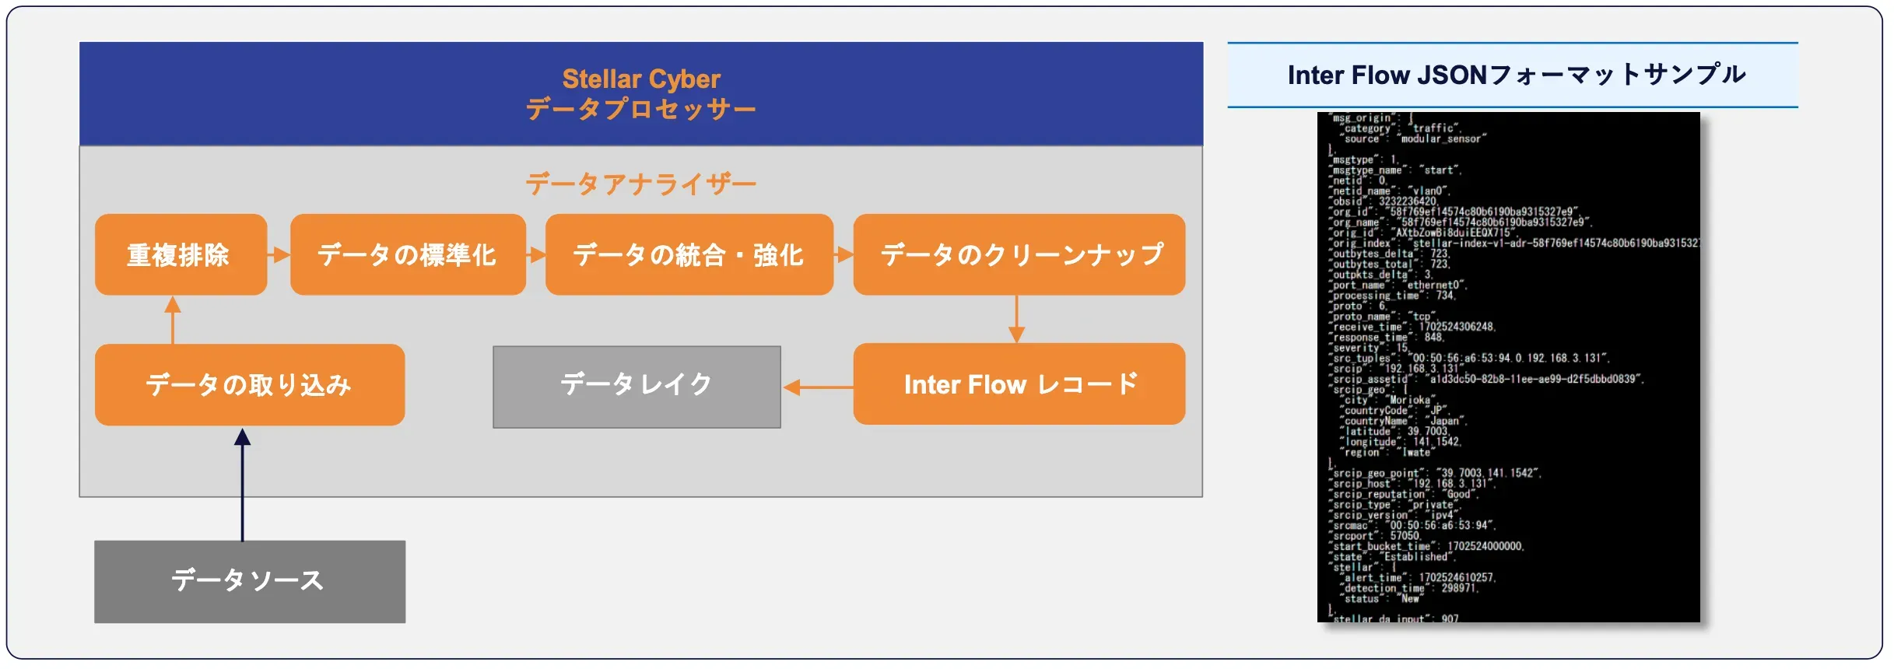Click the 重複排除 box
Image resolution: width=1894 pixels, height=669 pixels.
click(181, 254)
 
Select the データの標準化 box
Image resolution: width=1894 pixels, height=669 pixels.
click(408, 254)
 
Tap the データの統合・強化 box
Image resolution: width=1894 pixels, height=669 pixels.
click(689, 254)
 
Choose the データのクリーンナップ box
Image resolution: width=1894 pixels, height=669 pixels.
click(1019, 254)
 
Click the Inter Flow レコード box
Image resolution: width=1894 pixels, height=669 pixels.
click(1019, 384)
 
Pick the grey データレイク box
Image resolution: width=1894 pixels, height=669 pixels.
click(637, 387)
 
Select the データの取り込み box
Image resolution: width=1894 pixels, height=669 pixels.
click(249, 385)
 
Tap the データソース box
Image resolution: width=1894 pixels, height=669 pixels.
click(249, 581)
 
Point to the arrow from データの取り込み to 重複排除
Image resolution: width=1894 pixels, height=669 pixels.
click(173, 320)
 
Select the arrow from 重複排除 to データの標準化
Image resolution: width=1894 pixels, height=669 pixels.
click(279, 254)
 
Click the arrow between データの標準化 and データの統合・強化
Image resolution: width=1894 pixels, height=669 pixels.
click(535, 254)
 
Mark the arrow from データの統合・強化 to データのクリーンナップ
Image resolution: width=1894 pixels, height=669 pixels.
click(844, 254)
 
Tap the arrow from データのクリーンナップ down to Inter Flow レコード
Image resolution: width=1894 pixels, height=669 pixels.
click(1016, 319)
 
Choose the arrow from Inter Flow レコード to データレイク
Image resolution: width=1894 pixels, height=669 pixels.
click(817, 387)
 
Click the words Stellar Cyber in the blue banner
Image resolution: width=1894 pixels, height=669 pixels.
click(641, 79)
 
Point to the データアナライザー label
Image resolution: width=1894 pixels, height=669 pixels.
click(640, 184)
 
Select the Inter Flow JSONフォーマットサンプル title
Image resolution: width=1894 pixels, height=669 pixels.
click(1516, 75)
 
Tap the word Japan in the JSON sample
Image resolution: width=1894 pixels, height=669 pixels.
click(1447, 422)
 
